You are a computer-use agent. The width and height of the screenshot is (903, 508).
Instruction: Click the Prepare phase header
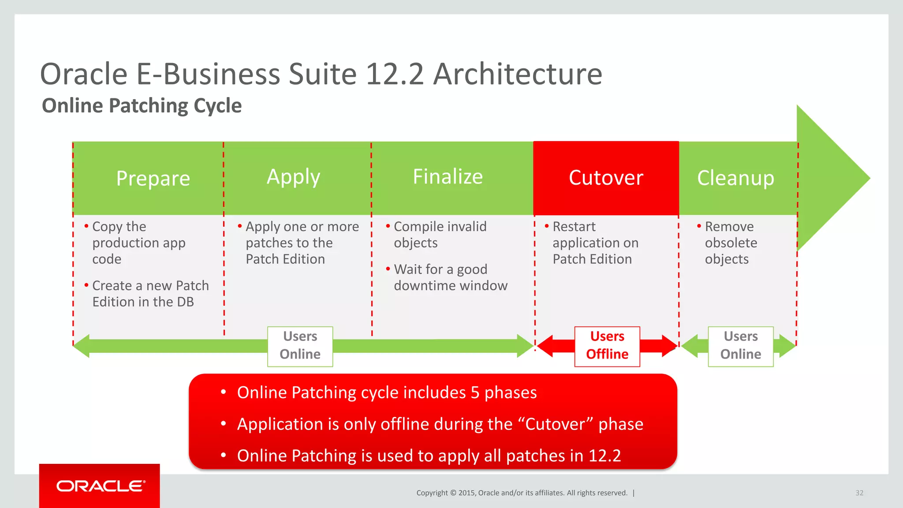click(x=153, y=178)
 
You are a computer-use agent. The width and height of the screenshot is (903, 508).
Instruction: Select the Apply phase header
click(x=293, y=177)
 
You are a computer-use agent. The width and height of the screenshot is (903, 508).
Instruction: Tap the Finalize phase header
click(x=448, y=176)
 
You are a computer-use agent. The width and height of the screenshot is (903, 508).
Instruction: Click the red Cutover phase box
click(x=606, y=178)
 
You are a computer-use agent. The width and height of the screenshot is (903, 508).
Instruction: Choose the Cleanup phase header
click(x=735, y=178)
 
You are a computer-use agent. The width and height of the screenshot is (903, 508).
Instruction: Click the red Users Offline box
click(x=607, y=346)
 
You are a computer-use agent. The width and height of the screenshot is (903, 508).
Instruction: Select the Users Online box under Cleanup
click(x=740, y=346)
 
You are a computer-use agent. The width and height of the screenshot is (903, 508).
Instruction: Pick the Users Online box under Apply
click(x=300, y=346)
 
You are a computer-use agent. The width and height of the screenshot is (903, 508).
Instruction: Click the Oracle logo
click(x=100, y=486)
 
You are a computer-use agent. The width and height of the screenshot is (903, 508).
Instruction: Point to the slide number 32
click(x=859, y=493)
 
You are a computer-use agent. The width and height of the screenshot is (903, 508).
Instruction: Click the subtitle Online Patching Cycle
click(x=142, y=106)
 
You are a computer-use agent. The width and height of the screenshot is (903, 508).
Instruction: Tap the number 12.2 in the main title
click(x=395, y=74)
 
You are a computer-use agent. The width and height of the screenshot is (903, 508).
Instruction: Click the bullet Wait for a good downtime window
click(x=450, y=277)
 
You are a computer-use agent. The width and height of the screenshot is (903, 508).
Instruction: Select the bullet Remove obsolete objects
click(x=730, y=243)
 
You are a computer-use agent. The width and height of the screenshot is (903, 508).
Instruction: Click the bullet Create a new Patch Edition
click(x=150, y=294)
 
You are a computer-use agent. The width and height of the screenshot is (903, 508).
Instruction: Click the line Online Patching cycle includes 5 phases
click(x=386, y=392)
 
